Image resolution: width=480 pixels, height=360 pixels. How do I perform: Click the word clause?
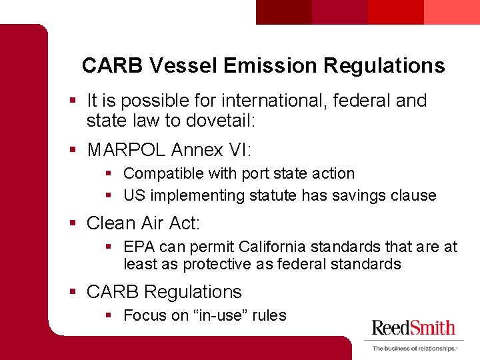click(x=413, y=195)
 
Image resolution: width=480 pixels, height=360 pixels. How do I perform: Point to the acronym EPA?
click(x=139, y=247)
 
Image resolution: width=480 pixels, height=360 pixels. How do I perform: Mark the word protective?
click(x=217, y=264)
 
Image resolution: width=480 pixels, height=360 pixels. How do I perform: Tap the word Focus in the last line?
click(x=143, y=315)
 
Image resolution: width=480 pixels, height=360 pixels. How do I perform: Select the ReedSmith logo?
click(x=413, y=328)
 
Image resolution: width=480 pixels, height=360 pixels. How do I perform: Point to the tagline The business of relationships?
click(x=414, y=349)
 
